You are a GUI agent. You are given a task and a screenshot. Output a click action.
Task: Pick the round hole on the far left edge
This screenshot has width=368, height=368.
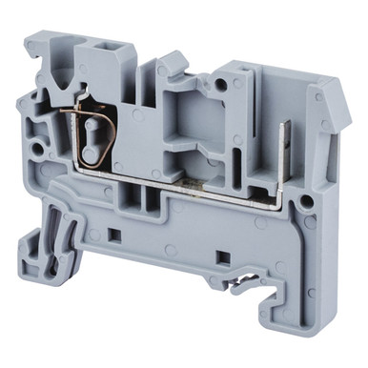(37, 149)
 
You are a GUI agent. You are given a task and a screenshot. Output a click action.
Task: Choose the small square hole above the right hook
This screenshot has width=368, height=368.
(222, 256)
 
